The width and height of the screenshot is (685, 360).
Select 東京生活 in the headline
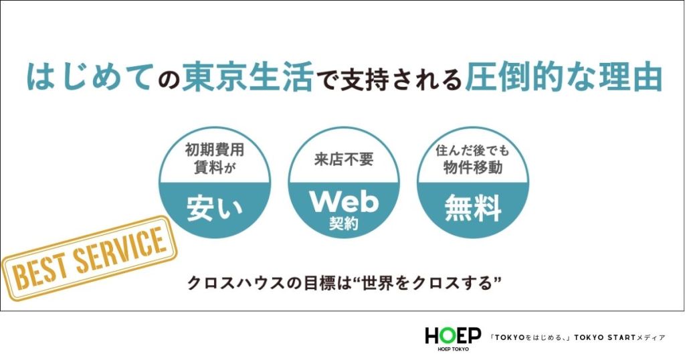pyautogui.click(x=247, y=77)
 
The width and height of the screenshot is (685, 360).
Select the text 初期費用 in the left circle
pyautogui.click(x=214, y=151)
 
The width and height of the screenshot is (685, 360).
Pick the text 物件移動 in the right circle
pyautogui.click(x=472, y=168)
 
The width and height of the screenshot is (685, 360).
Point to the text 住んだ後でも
pyautogui.click(x=472, y=151)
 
